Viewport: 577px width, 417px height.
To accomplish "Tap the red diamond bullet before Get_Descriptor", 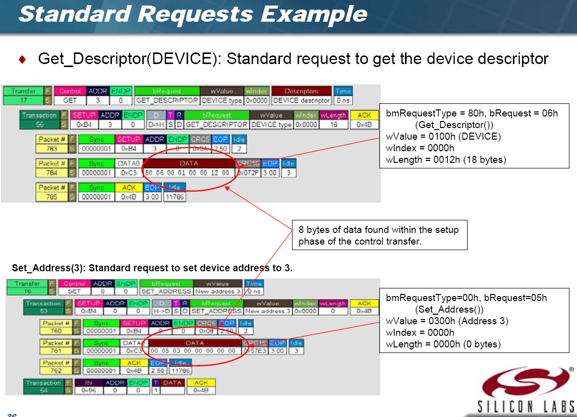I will (22, 59).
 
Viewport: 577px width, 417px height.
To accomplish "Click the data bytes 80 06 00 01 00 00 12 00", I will (187, 172).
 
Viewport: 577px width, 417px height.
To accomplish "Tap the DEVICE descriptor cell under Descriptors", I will (301, 100).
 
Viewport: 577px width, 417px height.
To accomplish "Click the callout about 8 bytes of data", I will (379, 235).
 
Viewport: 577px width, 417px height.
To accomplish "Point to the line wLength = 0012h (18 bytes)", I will (446, 160).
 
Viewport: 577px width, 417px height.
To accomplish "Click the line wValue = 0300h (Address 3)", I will (447, 321).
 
